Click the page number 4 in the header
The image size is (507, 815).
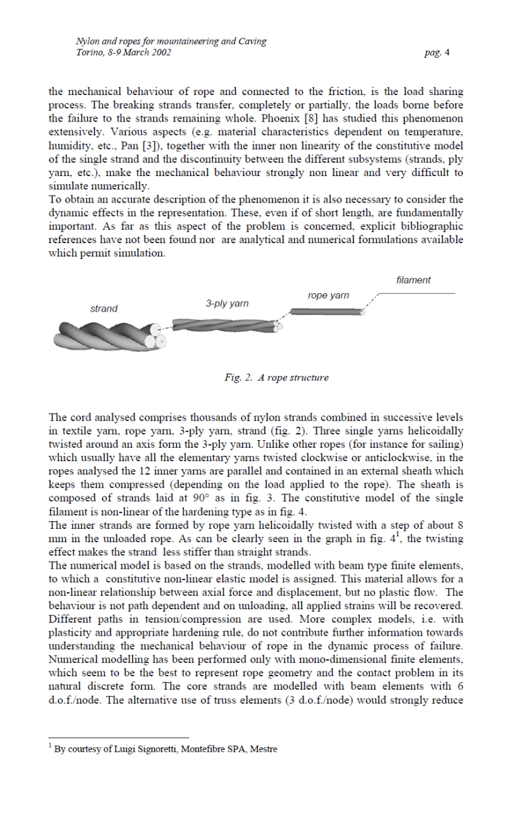pyautogui.click(x=447, y=53)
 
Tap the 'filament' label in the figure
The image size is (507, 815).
pyautogui.click(x=413, y=280)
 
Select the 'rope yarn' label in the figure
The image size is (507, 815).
pyautogui.click(x=328, y=295)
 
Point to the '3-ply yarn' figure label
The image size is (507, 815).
pyautogui.click(x=227, y=303)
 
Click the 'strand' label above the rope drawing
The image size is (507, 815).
pyautogui.click(x=104, y=308)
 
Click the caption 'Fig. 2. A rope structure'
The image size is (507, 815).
pyautogui.click(x=276, y=377)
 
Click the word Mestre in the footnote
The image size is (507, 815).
pyautogui.click(x=264, y=749)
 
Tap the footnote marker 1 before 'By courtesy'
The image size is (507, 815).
pyautogui.click(x=51, y=746)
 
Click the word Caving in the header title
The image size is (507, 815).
pyautogui.click(x=252, y=42)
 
